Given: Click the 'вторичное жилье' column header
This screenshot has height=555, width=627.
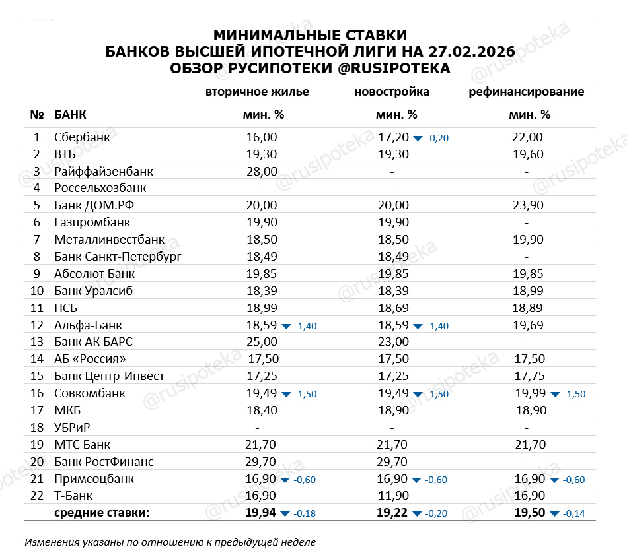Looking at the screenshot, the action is point(257,92).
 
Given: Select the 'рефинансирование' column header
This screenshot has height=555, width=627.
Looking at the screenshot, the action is point(527,92).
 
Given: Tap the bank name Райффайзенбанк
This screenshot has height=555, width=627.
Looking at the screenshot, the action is point(104,171).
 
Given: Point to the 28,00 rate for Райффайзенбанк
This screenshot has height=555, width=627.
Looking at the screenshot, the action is point(262,171).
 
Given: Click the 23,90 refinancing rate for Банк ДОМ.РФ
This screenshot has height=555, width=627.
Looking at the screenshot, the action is point(527,205).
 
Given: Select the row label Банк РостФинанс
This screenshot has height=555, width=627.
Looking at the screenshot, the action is point(104,461).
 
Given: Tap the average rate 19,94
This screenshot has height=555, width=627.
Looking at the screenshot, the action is point(261,513).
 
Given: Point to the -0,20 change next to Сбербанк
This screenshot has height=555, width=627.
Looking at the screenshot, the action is point(438,138).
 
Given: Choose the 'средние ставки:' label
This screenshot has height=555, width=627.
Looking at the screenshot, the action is point(102,513).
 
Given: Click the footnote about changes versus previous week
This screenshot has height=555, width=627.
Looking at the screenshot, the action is point(170,542).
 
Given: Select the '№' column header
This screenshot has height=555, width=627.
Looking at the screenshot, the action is point(36,115).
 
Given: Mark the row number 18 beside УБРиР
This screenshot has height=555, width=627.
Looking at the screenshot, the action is point(36,427).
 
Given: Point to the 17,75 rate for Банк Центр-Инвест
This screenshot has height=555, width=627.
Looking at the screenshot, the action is point(529,376).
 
